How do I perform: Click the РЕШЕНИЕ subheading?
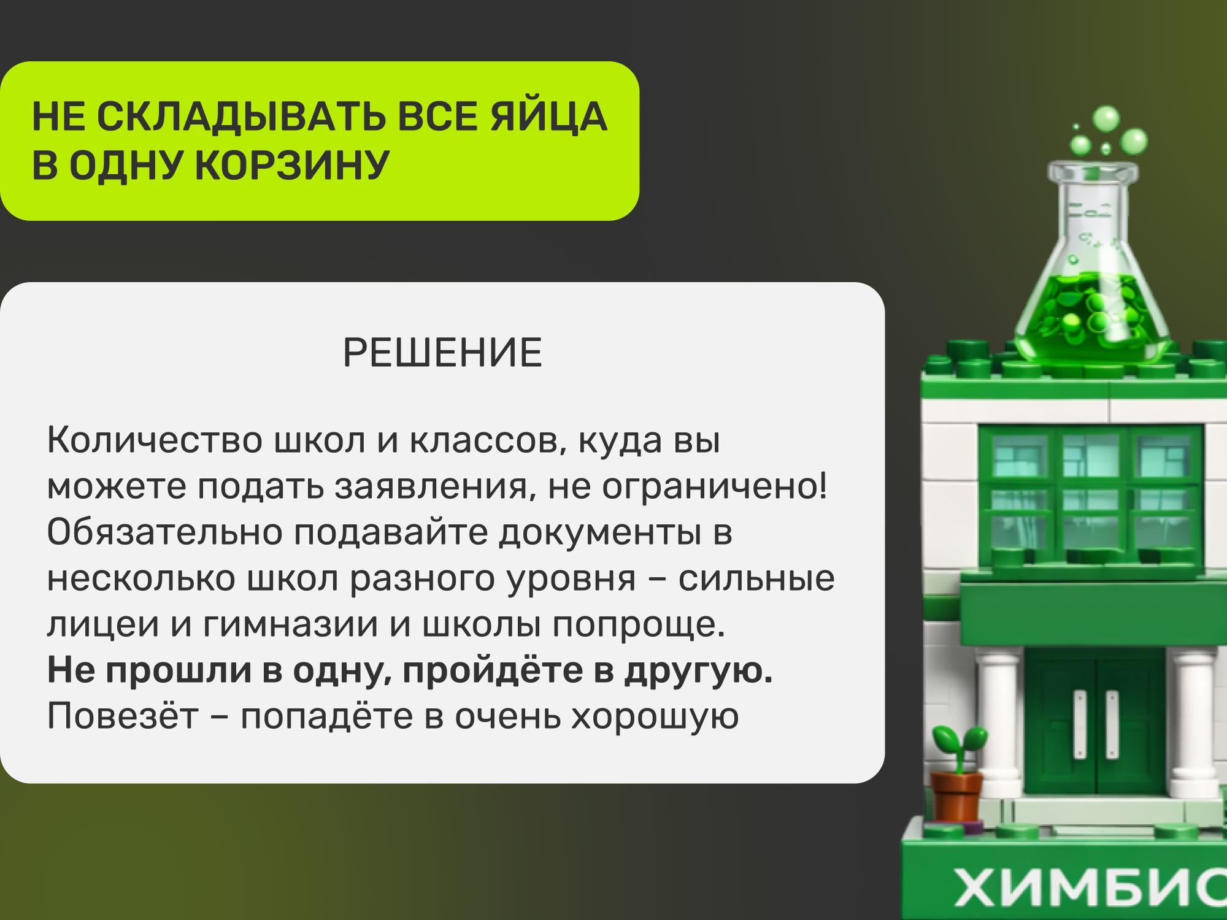point(442,353)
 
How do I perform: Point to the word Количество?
point(154,440)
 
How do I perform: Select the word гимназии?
point(291,624)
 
